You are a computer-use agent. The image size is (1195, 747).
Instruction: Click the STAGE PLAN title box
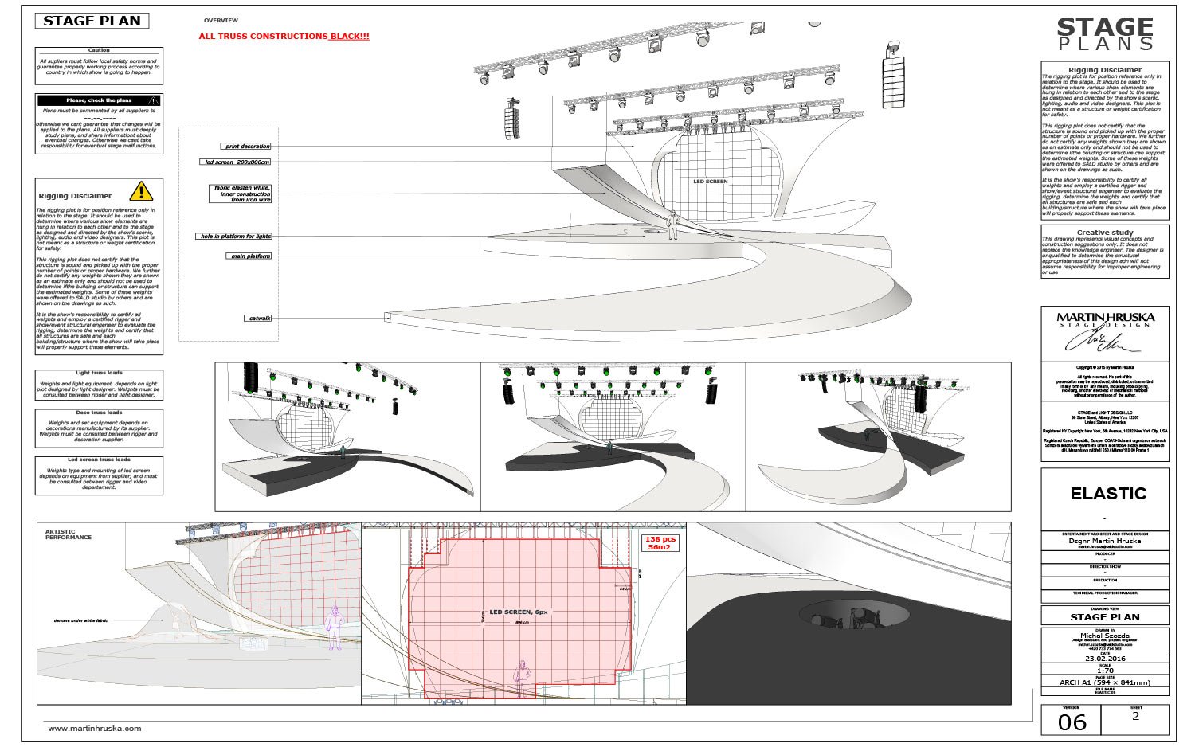tap(92, 22)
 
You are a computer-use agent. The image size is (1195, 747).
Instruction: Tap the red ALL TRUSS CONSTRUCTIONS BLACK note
tap(284, 37)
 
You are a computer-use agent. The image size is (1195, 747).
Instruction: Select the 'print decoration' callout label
tap(246, 147)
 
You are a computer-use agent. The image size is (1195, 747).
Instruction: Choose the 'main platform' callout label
tap(249, 256)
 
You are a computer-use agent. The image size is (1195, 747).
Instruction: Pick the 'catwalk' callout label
tap(259, 319)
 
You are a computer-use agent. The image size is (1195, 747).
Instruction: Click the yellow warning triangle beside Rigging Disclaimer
tap(141, 191)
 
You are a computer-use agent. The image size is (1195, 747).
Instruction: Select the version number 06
tap(1072, 722)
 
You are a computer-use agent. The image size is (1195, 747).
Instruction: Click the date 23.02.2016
tap(1104, 659)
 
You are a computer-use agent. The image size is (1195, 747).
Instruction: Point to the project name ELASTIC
tap(1107, 494)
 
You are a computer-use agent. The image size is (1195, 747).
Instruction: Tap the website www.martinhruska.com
tap(94, 729)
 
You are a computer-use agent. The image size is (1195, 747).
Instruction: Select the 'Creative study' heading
tap(1104, 233)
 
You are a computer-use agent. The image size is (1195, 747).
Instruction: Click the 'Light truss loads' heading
tap(99, 373)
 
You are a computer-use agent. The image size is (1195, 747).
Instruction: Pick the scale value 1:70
tap(1104, 671)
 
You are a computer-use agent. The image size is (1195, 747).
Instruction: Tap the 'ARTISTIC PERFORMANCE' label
tap(68, 534)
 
